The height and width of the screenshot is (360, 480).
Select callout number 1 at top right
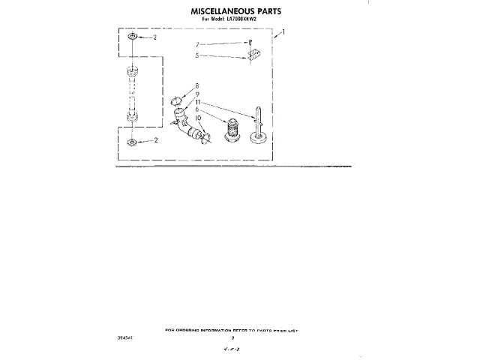[283, 33]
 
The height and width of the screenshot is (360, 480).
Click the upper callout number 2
[154, 37]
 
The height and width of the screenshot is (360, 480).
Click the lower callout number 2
[154, 140]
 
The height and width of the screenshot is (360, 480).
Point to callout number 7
[198, 45]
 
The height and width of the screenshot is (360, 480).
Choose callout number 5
[198, 55]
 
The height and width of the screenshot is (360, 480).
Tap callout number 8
[198, 85]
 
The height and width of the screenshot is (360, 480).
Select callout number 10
[199, 118]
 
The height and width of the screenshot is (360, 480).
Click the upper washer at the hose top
[132, 36]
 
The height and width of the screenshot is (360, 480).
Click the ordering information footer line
[235, 329]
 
